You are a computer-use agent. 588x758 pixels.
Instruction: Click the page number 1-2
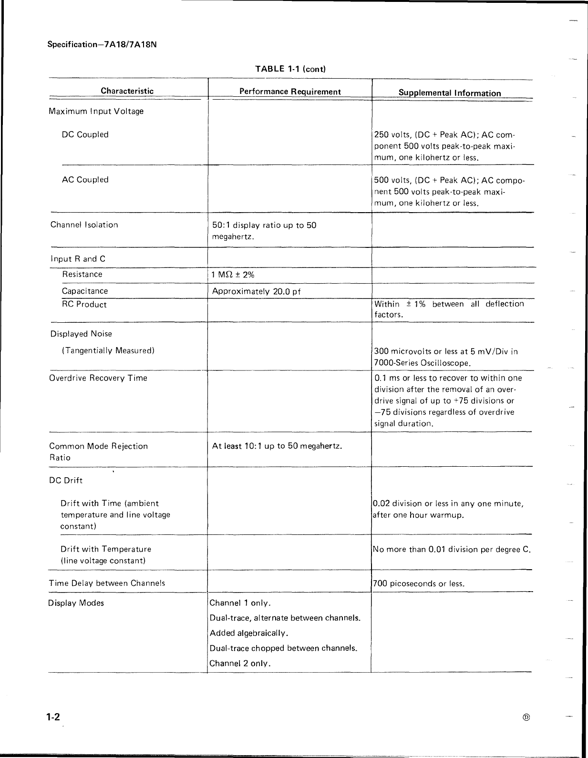tap(53, 717)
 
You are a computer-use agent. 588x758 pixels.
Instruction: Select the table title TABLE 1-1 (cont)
tap(290, 69)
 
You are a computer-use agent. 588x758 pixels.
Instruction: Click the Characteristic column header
tap(127, 91)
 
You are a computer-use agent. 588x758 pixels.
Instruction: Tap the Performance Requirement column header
tap(290, 92)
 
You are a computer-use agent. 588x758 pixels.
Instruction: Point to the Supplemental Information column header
tap(449, 93)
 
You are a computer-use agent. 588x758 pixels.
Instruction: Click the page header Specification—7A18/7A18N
tap(102, 45)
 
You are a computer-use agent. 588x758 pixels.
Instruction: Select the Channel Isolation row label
tap(84, 225)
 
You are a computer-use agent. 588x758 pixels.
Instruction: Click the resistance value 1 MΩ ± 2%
tap(233, 275)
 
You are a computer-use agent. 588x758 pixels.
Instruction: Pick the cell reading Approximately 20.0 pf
tap(256, 291)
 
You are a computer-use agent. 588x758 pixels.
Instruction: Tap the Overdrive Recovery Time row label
tap(98, 378)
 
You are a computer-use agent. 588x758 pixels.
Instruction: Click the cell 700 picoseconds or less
tap(418, 584)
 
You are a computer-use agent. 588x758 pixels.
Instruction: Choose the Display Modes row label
tap(76, 603)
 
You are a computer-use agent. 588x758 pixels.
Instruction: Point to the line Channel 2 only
tap(240, 664)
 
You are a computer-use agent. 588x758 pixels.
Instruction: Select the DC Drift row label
tap(66, 481)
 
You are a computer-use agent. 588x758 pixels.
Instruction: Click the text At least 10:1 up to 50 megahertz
tap(277, 446)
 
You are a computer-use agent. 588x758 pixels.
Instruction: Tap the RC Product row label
tap(84, 305)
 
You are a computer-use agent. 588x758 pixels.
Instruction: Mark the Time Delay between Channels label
tap(107, 584)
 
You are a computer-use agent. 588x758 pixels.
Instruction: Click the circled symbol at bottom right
tap(526, 717)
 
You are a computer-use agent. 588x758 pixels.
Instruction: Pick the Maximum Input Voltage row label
tap(96, 112)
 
